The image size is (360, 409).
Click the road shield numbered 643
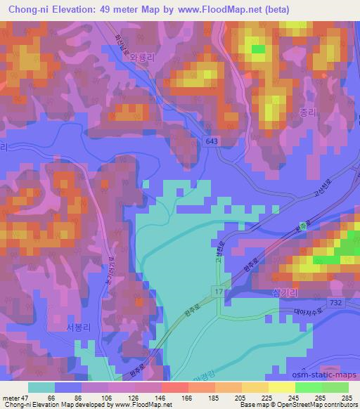pos(212,141)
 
